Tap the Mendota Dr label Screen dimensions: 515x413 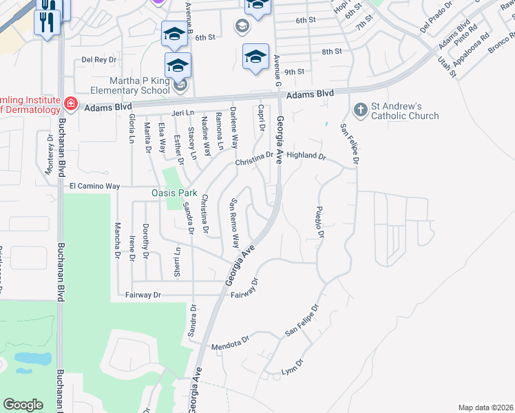(229, 344)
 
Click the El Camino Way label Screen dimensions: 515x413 (94, 186)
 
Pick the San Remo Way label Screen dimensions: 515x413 (234, 223)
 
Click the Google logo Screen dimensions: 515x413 (23, 405)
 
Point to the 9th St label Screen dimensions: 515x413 (294, 72)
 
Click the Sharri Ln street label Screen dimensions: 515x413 (177, 260)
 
